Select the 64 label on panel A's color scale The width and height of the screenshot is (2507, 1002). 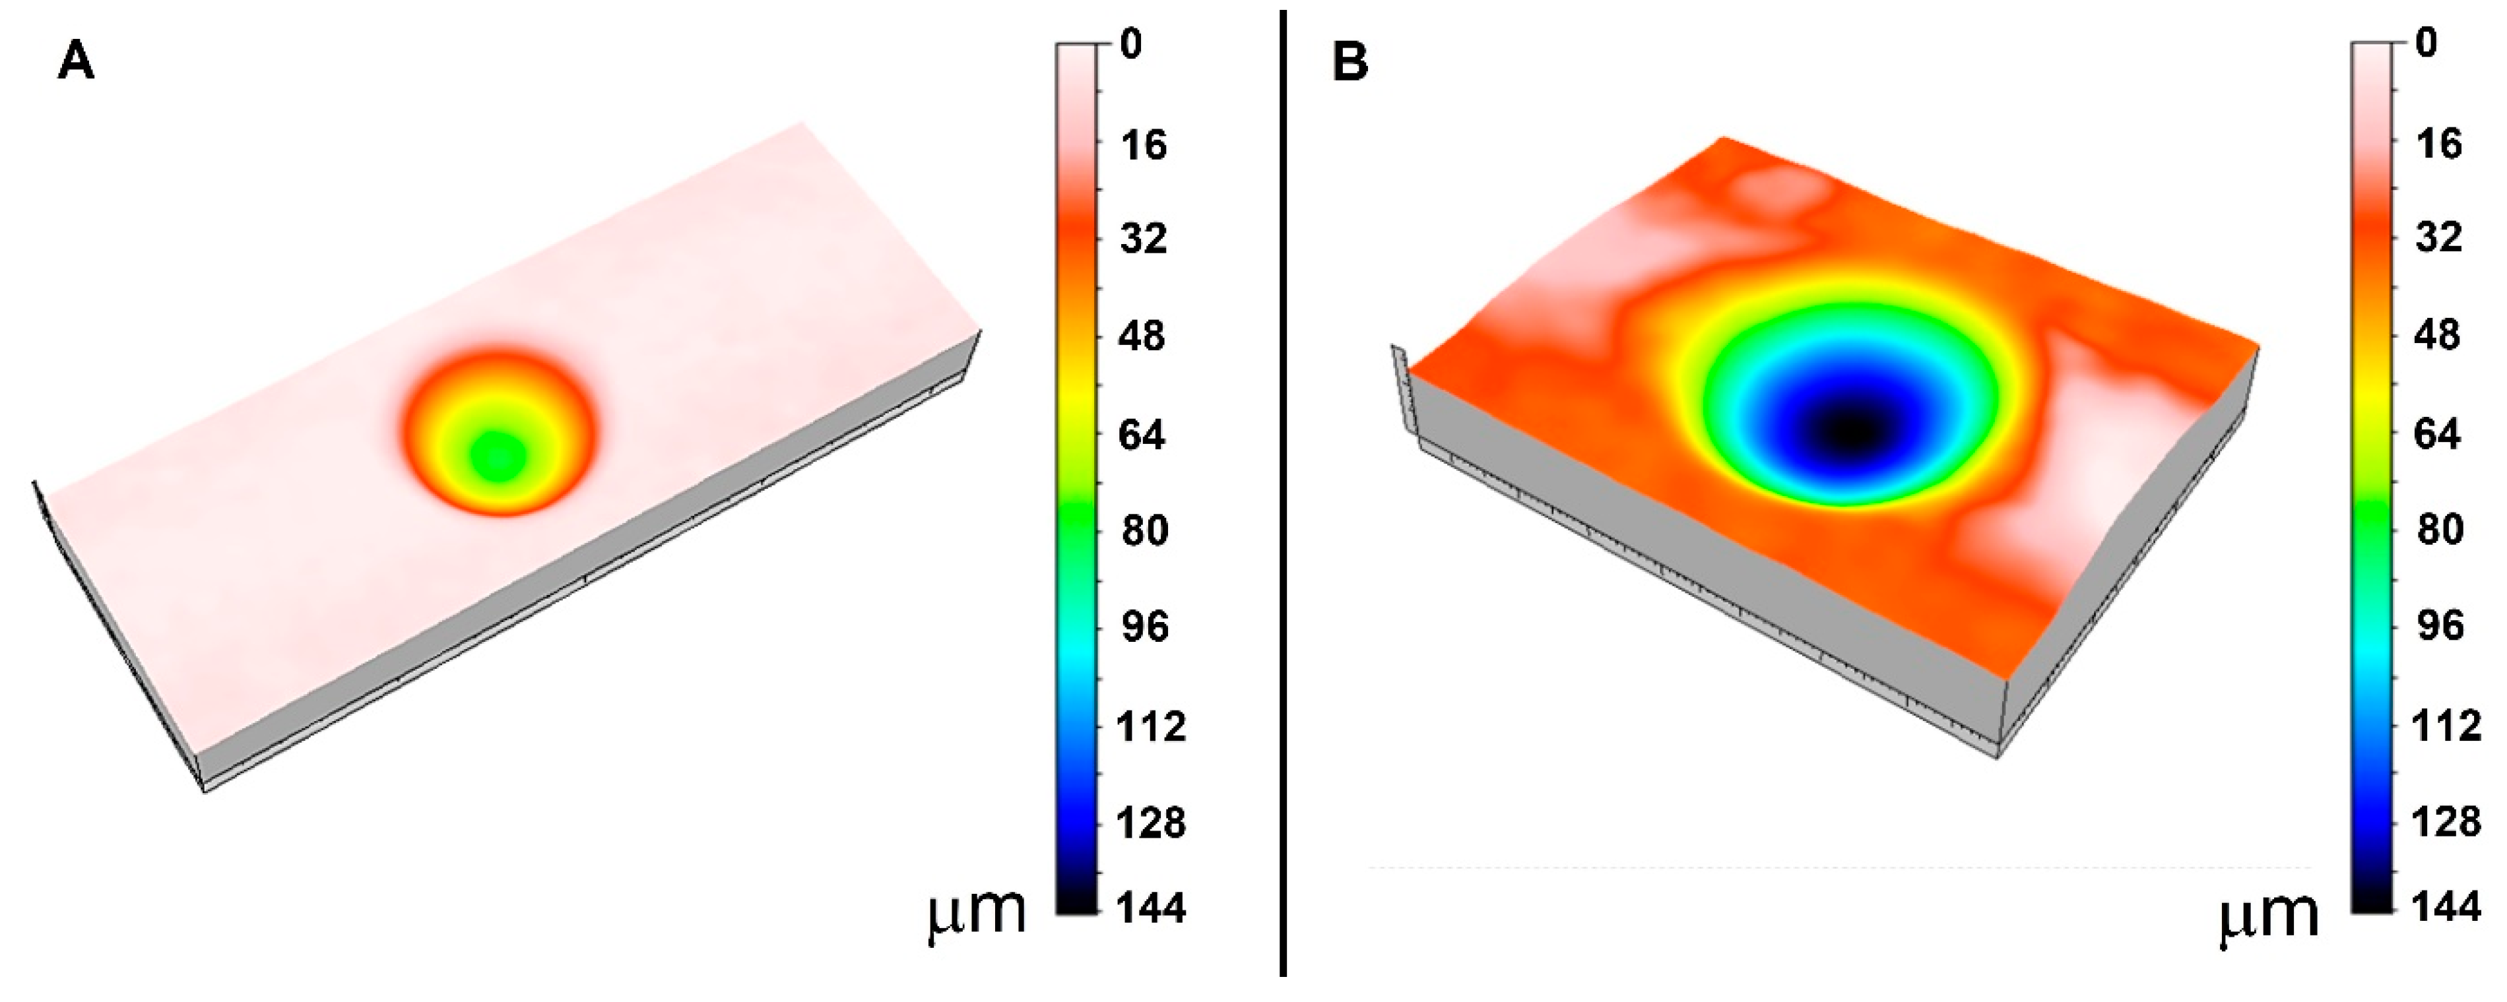click(1142, 434)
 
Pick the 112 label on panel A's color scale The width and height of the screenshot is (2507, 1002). click(1152, 726)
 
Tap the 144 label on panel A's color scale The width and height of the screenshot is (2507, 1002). click(1152, 908)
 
